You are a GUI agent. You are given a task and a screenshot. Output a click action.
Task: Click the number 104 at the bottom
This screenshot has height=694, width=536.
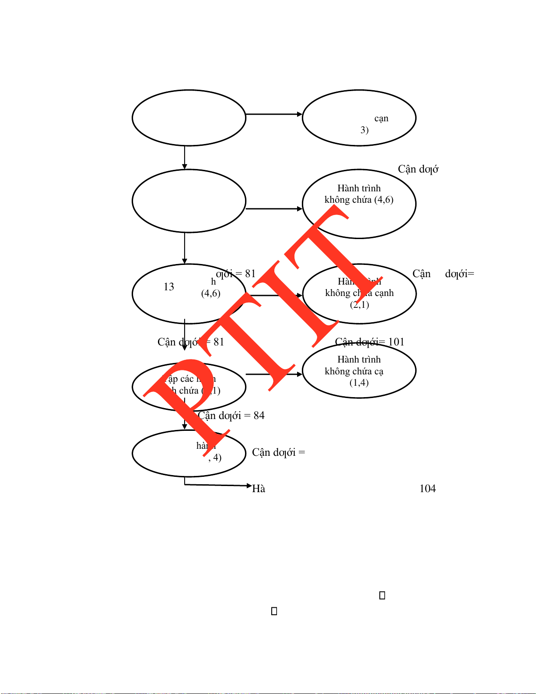click(x=427, y=489)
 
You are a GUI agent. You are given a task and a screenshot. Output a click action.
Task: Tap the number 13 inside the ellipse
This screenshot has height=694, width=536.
click(x=169, y=287)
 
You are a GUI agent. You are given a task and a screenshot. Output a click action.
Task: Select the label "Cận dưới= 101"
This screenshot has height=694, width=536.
click(x=370, y=342)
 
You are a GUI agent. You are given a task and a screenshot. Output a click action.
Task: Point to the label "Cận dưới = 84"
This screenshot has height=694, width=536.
click(x=231, y=416)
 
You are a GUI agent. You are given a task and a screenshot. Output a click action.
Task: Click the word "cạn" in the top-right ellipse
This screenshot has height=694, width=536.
click(x=381, y=119)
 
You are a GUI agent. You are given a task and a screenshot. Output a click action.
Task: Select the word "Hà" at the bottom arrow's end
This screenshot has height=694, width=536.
click(x=259, y=489)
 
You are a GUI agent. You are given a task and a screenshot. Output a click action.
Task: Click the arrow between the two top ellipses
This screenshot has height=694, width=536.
click(x=274, y=114)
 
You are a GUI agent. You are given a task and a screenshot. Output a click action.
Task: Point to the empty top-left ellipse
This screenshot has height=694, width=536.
click(x=189, y=118)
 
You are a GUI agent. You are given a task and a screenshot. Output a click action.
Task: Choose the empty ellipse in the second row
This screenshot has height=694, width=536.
click(x=189, y=201)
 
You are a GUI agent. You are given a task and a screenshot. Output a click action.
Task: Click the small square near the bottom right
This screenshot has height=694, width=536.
click(x=382, y=595)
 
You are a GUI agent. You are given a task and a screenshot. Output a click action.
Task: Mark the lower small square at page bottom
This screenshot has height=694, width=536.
click(x=274, y=611)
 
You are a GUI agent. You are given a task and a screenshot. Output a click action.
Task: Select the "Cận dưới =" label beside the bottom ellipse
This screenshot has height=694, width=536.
click(x=278, y=452)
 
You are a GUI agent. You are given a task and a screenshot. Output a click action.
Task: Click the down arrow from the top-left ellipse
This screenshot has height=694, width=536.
click(x=185, y=158)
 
